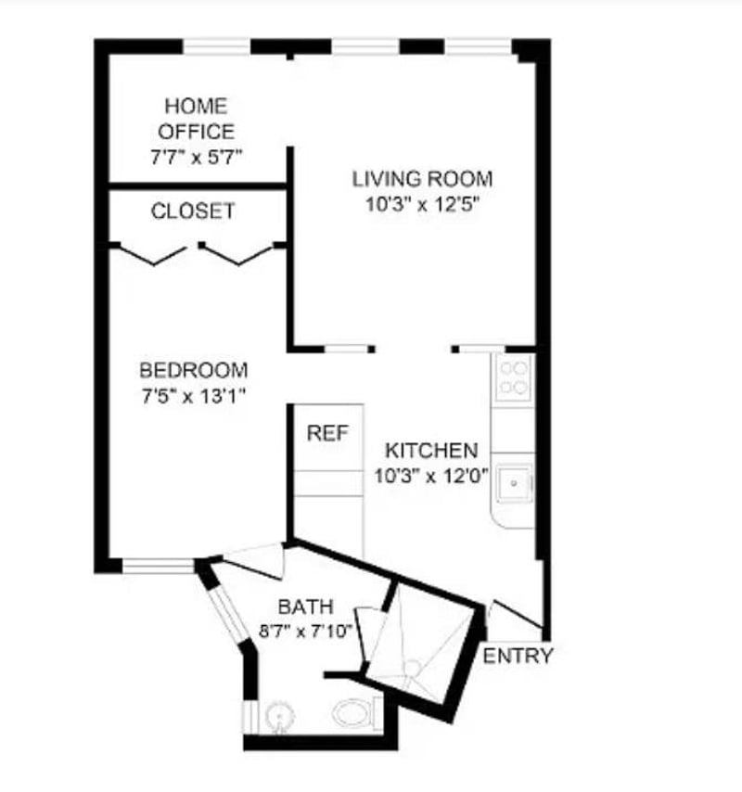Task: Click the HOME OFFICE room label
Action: tap(196, 119)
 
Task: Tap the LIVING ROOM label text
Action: tap(422, 179)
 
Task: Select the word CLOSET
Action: tap(193, 211)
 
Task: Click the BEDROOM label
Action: tap(194, 370)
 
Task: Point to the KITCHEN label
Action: tap(431, 450)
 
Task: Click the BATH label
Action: tap(305, 607)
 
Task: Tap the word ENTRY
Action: tap(518, 656)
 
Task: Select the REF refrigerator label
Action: tap(327, 433)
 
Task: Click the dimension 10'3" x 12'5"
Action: tap(422, 205)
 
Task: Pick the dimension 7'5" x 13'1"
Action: tap(194, 396)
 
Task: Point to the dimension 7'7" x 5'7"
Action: tap(197, 157)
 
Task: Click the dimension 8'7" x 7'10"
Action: tap(305, 631)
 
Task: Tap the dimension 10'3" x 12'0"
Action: tap(431, 476)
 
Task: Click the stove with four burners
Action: tap(514, 377)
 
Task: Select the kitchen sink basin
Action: tap(514, 484)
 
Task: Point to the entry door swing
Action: tap(517, 614)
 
